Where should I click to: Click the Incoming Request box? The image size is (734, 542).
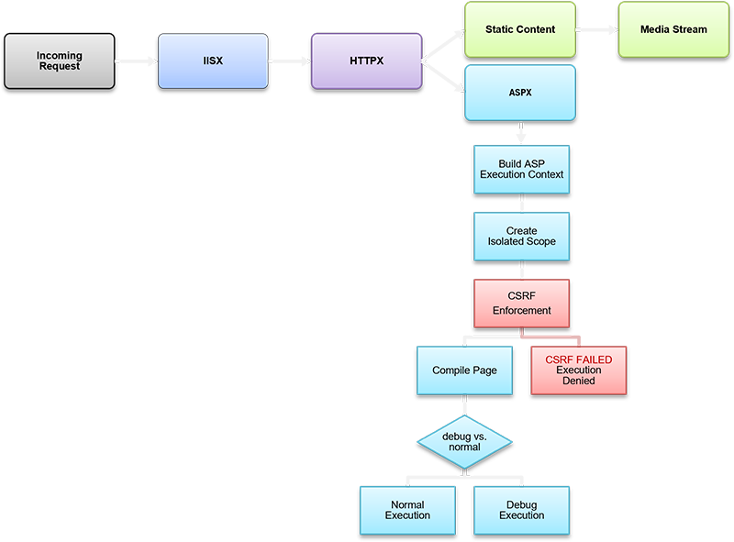[x=60, y=61]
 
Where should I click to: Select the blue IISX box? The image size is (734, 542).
[x=213, y=61]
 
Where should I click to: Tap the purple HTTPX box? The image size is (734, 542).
[x=366, y=61]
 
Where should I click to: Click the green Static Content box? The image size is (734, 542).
[x=520, y=29]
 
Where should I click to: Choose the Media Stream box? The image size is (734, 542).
[x=674, y=29]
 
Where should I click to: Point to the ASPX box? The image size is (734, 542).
[x=520, y=93]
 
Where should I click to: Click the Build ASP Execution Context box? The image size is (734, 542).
[x=521, y=169]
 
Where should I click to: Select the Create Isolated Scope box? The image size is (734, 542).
[x=521, y=236]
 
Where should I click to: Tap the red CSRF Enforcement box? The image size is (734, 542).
[x=521, y=304]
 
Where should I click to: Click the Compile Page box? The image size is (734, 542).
[x=464, y=371]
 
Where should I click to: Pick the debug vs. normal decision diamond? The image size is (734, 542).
[x=464, y=441]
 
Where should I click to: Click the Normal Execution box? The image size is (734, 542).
[x=407, y=510]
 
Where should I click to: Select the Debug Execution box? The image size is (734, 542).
[x=521, y=510]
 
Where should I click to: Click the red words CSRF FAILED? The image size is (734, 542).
[x=579, y=359]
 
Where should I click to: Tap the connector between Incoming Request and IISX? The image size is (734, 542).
[x=136, y=61]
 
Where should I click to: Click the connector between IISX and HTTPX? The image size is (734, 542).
[x=289, y=61]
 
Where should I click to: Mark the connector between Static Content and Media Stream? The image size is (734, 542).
[x=596, y=29]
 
